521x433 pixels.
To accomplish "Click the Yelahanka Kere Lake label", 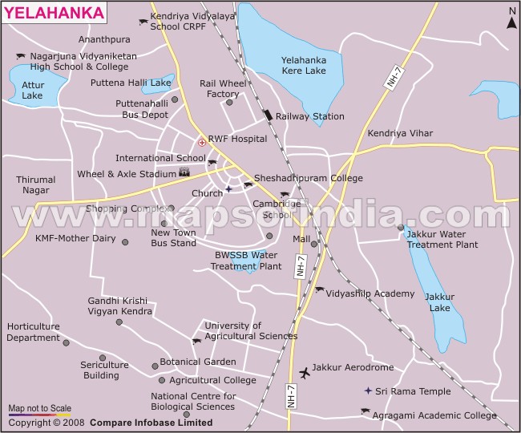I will (304, 65).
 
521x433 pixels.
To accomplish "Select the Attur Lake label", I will (32, 90).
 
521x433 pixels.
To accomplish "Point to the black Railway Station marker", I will (268, 115).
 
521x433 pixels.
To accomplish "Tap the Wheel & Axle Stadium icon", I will (184, 172).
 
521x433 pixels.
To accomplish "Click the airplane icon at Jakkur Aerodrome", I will (304, 372).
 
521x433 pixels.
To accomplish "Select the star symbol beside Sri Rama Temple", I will (367, 391).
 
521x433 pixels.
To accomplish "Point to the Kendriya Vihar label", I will (400, 133).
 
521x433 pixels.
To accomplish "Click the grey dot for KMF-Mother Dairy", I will (124, 241).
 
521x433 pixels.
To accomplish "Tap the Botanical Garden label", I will (197, 362).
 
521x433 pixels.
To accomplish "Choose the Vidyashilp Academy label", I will (370, 293).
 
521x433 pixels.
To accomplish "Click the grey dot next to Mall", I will (314, 244).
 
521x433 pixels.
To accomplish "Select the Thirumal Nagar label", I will (36, 185).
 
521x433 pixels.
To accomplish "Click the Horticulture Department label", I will (33, 332).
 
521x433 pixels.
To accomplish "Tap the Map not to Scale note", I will (39, 407).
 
